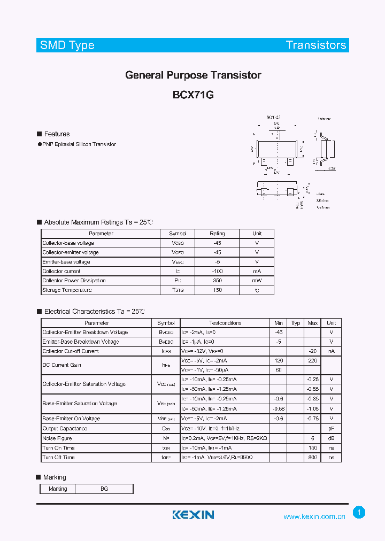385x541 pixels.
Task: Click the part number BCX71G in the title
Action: (193, 95)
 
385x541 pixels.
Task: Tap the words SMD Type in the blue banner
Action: (67, 45)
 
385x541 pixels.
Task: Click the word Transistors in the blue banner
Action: (316, 45)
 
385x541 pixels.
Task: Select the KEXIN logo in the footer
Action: (193, 515)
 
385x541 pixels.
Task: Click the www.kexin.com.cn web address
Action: (314, 516)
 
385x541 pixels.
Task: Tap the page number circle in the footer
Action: (359, 513)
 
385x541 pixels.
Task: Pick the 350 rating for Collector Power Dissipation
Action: (217, 281)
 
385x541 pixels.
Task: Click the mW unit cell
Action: (257, 281)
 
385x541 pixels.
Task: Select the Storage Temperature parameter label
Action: (67, 290)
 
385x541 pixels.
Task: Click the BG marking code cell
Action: (104, 489)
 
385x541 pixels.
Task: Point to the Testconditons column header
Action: (225, 323)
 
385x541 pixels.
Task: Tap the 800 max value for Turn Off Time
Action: (313, 458)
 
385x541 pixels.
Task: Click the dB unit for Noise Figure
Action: (332, 438)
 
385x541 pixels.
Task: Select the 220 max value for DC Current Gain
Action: (313, 361)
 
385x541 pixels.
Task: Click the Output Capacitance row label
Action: (65, 429)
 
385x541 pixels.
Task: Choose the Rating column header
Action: (217, 234)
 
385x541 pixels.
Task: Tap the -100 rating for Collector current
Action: (217, 272)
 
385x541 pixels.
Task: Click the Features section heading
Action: (57, 134)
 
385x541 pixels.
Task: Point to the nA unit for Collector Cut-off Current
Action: (332, 351)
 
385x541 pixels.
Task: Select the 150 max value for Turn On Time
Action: (313, 448)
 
